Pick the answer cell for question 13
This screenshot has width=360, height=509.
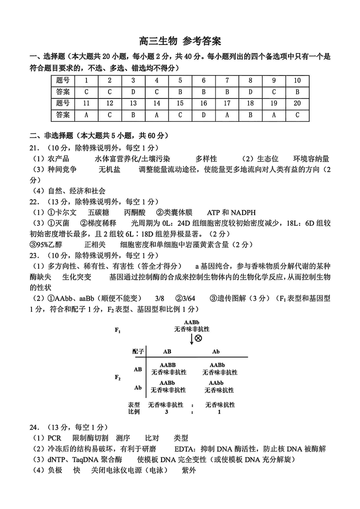point(133,115)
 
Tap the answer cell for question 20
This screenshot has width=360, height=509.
point(297,115)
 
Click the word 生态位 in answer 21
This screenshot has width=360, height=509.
point(268,159)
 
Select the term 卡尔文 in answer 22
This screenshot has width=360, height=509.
point(66,212)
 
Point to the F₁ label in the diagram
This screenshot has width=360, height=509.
point(117,330)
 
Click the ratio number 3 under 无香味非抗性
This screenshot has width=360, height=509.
point(166,411)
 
